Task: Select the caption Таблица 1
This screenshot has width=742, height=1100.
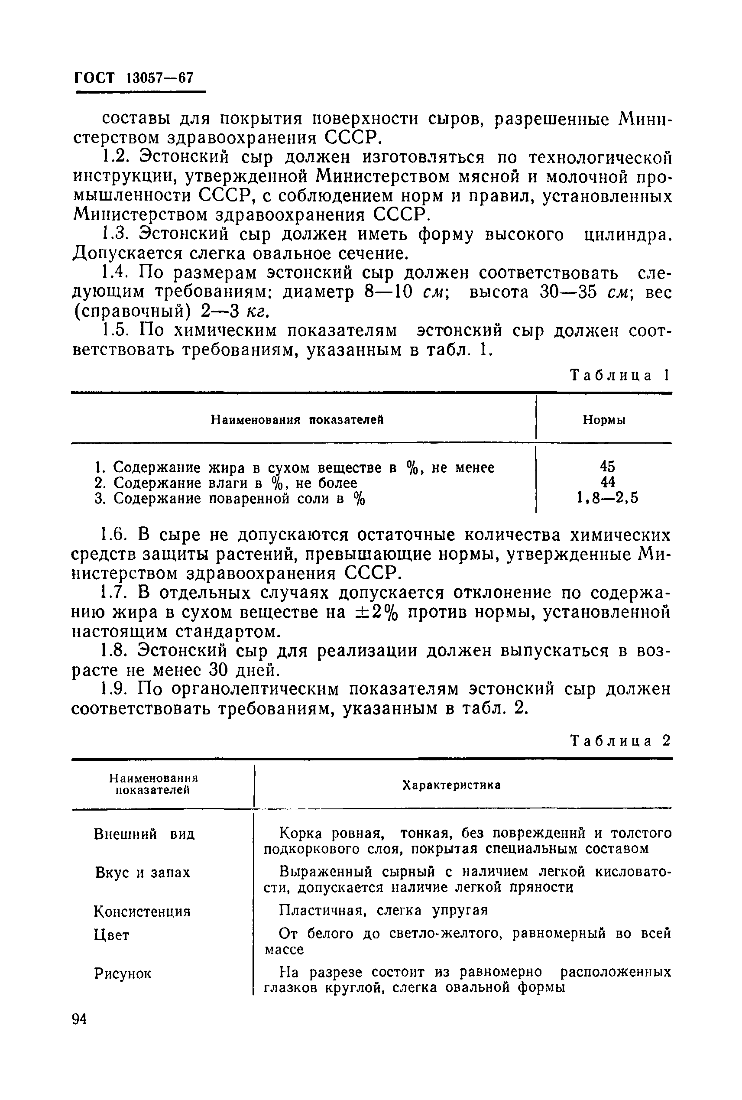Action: tap(619, 375)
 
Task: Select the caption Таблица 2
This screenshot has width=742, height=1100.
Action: tap(620, 740)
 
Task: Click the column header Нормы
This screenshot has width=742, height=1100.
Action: tap(604, 420)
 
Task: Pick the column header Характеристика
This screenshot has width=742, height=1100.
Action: tap(451, 785)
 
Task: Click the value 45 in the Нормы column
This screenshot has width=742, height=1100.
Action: tap(607, 467)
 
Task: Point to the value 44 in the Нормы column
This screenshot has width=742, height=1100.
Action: tap(607, 482)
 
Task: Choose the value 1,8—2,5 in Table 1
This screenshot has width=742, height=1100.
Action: tap(607, 498)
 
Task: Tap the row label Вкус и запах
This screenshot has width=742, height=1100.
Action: tap(143, 873)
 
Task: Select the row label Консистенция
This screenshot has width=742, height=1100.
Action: tap(142, 911)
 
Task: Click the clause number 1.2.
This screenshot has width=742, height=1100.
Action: tap(113, 157)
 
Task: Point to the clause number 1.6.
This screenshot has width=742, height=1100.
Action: tap(113, 535)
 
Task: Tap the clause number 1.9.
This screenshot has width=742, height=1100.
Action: tap(113, 690)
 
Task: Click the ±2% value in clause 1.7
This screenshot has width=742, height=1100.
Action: tap(376, 613)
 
